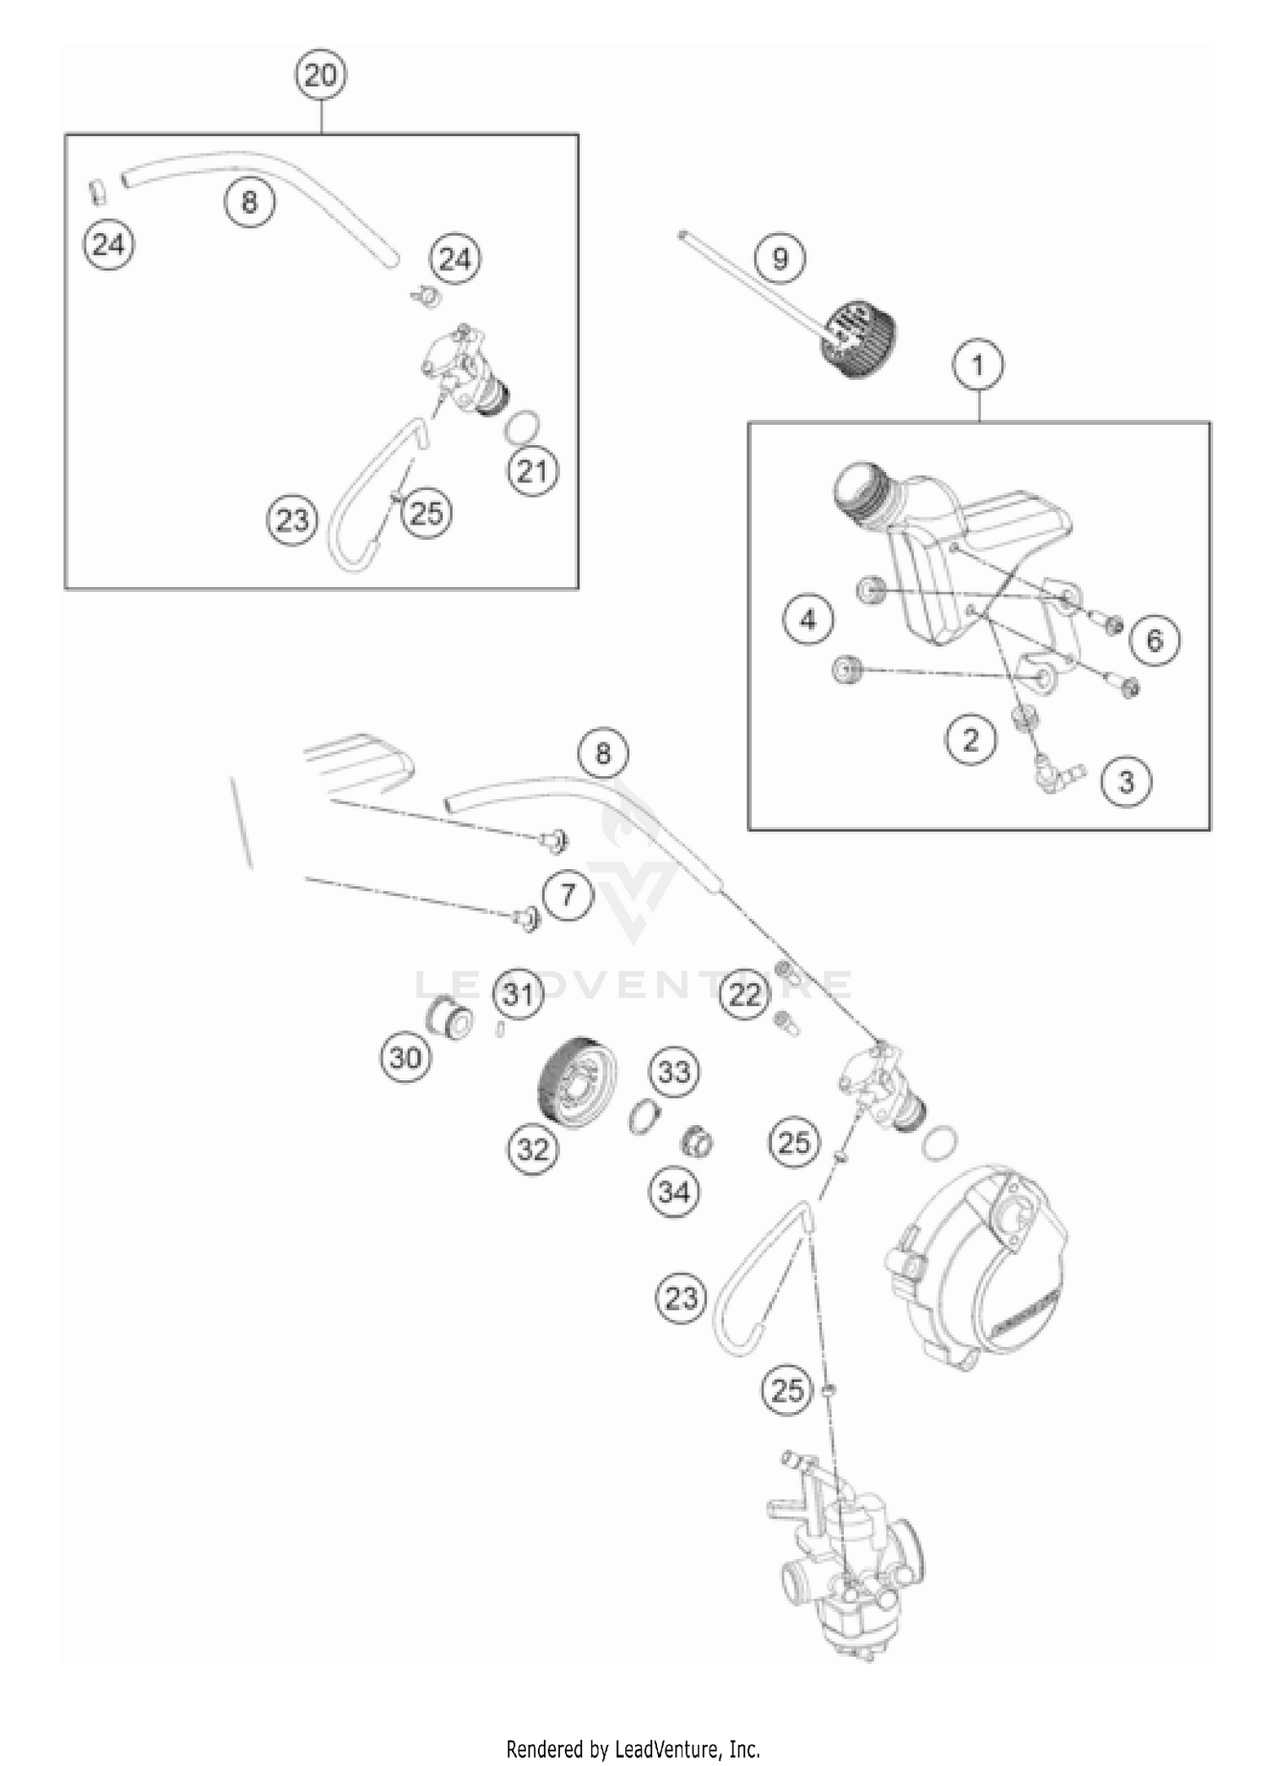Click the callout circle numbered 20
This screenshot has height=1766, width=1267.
click(x=320, y=76)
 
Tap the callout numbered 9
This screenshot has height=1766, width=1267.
click(x=780, y=257)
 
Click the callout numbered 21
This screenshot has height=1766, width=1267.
click(x=532, y=471)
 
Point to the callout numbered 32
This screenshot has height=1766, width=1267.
click(x=533, y=1149)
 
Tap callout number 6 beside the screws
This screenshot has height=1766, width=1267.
click(x=1154, y=639)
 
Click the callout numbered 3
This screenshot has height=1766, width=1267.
click(x=1126, y=781)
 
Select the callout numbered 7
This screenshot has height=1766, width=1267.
click(x=567, y=894)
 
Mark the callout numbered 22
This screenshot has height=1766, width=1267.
click(x=744, y=995)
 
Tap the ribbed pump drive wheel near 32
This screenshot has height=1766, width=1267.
click(x=576, y=1080)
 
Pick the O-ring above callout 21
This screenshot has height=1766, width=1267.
click(x=523, y=428)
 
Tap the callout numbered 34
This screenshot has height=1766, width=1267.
click(x=673, y=1193)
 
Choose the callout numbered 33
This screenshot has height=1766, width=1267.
click(x=673, y=1073)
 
